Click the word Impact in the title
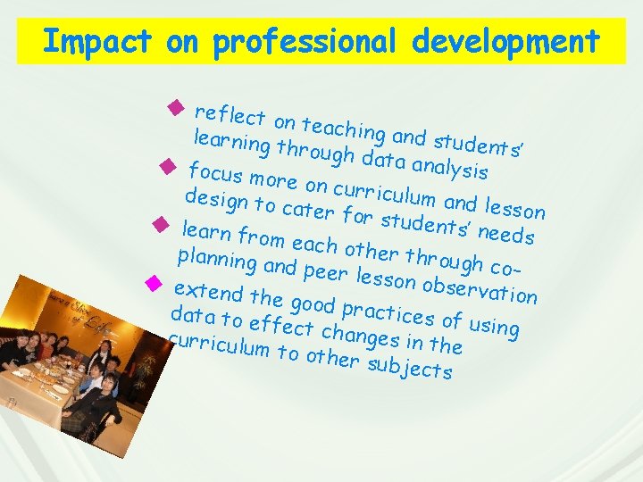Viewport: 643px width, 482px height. [86, 41]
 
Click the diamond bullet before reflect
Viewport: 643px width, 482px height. [175, 110]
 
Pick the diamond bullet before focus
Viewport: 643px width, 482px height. [165, 165]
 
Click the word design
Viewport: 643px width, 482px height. [215, 200]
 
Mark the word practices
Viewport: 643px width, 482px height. [389, 313]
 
